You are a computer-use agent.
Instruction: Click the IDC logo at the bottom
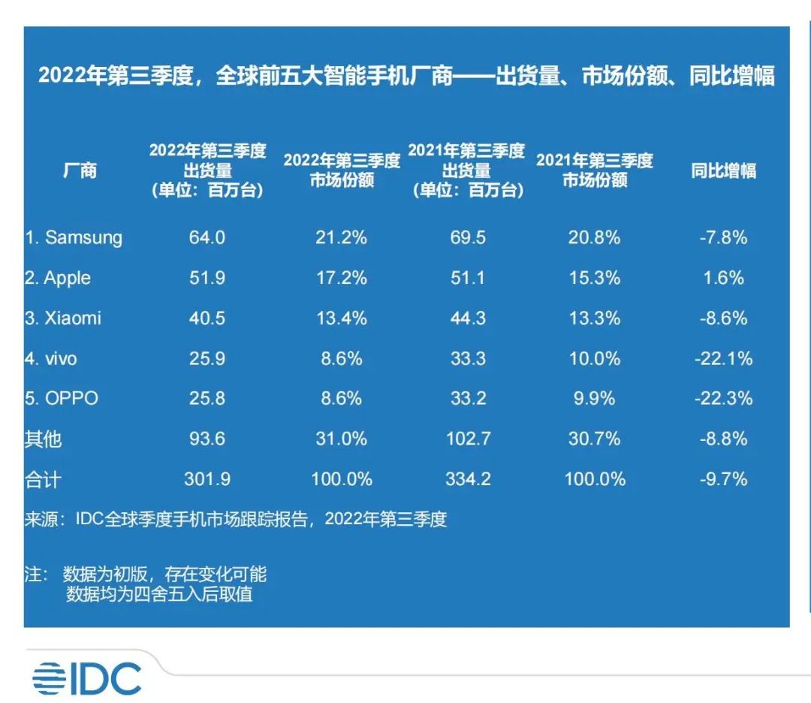click(86, 679)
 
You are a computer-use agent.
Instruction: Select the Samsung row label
click(73, 238)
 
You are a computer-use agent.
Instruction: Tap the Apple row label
click(57, 278)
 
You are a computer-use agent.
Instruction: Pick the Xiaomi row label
click(62, 318)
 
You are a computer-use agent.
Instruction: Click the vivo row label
click(50, 359)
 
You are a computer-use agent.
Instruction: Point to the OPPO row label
click(61, 398)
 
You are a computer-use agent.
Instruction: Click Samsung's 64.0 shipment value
click(207, 238)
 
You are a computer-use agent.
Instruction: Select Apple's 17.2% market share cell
click(341, 278)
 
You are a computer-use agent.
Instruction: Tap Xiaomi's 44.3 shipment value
click(467, 318)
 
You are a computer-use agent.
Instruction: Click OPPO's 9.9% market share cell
click(594, 398)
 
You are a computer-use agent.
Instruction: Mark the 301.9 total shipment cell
click(207, 478)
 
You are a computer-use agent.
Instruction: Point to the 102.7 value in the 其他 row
click(467, 439)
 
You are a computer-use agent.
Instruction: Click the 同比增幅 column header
click(723, 171)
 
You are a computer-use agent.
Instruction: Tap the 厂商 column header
click(79, 171)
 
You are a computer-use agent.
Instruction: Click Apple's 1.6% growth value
click(724, 278)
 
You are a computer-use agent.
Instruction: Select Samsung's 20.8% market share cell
click(594, 238)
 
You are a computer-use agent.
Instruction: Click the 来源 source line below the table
click(236, 519)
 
